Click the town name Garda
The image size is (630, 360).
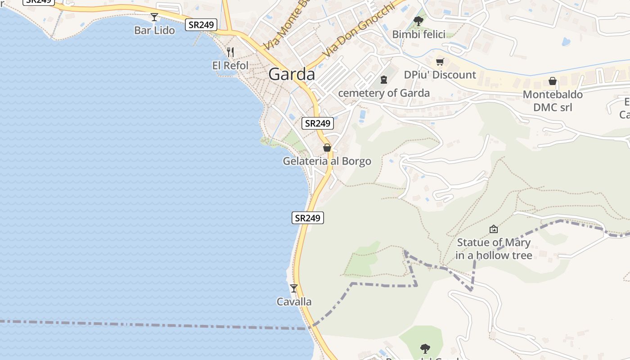[292, 74]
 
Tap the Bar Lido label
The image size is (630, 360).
[154, 30]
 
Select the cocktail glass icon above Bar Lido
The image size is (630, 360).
[154, 17]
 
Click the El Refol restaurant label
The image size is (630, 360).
[230, 65]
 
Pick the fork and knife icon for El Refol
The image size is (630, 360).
[230, 52]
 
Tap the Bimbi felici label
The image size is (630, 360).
[418, 34]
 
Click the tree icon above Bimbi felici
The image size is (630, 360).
[418, 21]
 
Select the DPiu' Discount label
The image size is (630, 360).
[440, 75]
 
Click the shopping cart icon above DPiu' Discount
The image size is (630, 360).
[440, 62]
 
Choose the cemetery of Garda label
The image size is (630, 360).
[384, 93]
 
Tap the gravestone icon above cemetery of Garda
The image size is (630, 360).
[384, 80]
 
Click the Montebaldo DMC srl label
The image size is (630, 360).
[553, 101]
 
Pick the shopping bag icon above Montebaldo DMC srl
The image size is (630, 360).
[553, 81]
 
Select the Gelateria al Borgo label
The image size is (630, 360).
[327, 161]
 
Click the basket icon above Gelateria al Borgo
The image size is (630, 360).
[327, 148]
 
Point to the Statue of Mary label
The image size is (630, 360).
[494, 249]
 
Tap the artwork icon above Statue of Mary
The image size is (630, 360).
[494, 229]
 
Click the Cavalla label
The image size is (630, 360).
[294, 301]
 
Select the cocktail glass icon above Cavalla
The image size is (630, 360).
[294, 288]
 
